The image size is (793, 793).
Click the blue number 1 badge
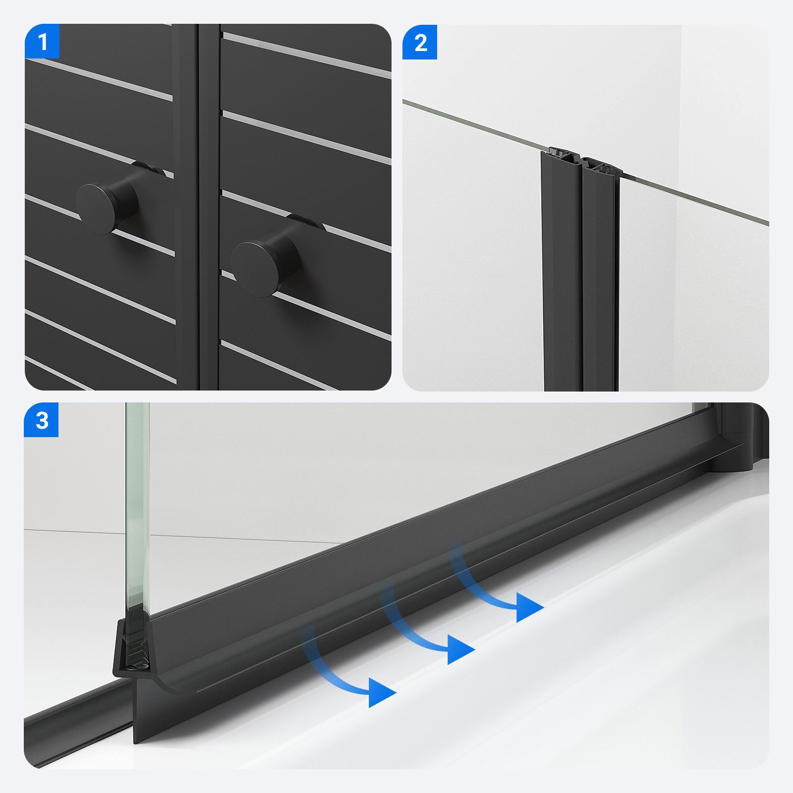tap(42, 42)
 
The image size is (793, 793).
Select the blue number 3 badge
tap(42, 420)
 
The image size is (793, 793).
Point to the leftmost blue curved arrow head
tap(382, 692)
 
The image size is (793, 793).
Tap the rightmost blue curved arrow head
tap(530, 607)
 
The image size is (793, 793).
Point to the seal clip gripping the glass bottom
tap(131, 649)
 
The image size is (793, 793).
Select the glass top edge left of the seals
tap(473, 126)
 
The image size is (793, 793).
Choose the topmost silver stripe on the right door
tap(306, 56)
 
